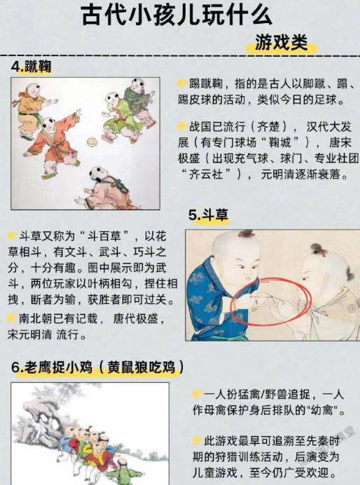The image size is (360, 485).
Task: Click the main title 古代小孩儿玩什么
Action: pyautogui.click(x=176, y=15)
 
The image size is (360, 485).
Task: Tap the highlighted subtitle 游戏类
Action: pyautogui.click(x=281, y=42)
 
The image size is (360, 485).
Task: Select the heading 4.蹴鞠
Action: pyautogui.click(x=31, y=67)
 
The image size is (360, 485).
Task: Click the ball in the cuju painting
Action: pyautogui.click(x=92, y=142)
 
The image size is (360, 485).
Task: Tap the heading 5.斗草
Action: pyautogui.click(x=208, y=214)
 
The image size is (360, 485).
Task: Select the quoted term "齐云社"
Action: pyautogui.click(x=206, y=174)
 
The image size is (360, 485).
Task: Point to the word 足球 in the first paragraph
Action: pyautogui.click(x=325, y=100)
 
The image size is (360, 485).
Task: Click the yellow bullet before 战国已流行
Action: pyautogui.click(x=182, y=126)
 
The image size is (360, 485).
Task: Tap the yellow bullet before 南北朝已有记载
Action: pyautogui.click(x=12, y=318)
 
